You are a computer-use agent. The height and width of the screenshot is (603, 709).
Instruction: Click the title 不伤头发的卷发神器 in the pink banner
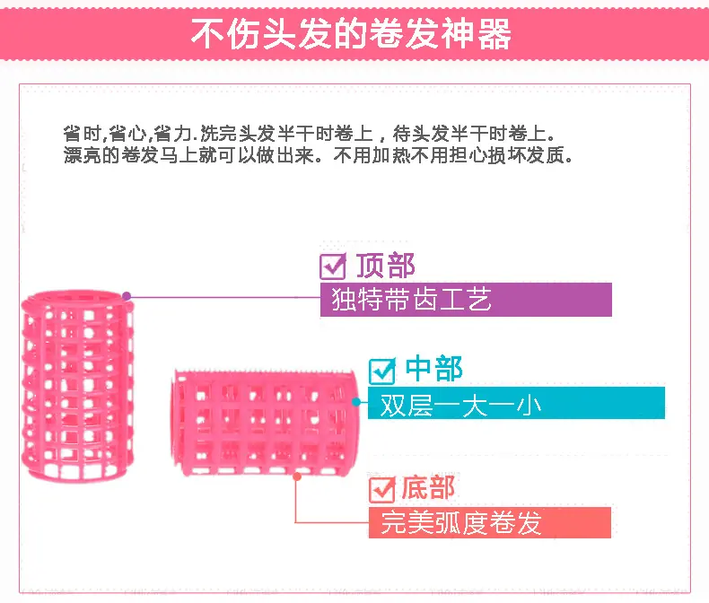pyautogui.click(x=351, y=33)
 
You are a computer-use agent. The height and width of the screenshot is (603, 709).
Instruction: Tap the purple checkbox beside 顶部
pyautogui.click(x=333, y=266)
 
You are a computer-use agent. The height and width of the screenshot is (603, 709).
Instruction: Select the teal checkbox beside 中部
pyautogui.click(x=382, y=371)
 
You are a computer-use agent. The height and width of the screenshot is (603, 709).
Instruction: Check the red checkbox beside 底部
pyautogui.click(x=382, y=490)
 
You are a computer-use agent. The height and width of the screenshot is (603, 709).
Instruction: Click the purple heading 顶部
pyautogui.click(x=385, y=266)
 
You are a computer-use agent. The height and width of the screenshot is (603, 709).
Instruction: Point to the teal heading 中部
pyautogui.click(x=433, y=369)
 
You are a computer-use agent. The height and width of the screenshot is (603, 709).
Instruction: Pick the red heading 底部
pyautogui.click(x=428, y=488)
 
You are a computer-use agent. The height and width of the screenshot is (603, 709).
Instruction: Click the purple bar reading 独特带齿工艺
pyautogui.click(x=466, y=299)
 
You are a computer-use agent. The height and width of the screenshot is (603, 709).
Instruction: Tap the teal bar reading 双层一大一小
pyautogui.click(x=516, y=403)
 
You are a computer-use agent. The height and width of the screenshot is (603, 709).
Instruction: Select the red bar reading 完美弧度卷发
pyautogui.click(x=490, y=522)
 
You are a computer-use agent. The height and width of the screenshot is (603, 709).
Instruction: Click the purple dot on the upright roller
pyautogui.click(x=127, y=296)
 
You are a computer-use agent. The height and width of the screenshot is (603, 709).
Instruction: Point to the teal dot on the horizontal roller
pyautogui.click(x=356, y=401)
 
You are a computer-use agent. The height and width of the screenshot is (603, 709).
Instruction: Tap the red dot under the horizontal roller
pyautogui.click(x=297, y=476)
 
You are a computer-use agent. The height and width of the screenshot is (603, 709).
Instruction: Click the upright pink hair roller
pyautogui.click(x=78, y=386)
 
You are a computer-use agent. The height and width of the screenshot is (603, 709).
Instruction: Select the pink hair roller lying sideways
pyautogui.click(x=265, y=423)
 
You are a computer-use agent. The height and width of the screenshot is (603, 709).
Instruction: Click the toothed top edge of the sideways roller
pyautogui.click(x=265, y=373)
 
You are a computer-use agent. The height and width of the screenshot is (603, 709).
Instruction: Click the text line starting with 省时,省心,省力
pyautogui.click(x=309, y=134)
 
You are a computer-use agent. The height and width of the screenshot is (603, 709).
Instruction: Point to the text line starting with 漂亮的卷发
pyautogui.click(x=319, y=155)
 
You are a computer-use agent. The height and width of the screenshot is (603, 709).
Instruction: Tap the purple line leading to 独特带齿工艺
pyautogui.click(x=223, y=297)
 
